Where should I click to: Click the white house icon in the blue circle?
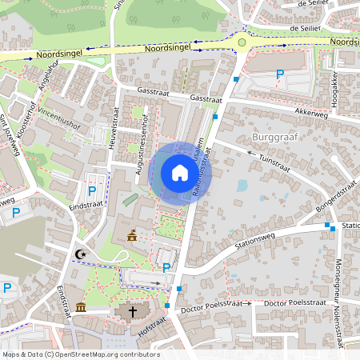point(180,173)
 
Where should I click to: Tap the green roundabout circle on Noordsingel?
point(242,42)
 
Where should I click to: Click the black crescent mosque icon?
point(79,254)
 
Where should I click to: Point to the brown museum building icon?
point(81,308)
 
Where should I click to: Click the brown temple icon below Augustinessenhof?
point(131,236)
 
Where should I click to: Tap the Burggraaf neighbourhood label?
point(274,137)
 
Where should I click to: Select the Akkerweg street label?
point(311,113)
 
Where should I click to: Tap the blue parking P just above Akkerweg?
point(280,75)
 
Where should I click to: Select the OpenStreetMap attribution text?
point(80,354)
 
